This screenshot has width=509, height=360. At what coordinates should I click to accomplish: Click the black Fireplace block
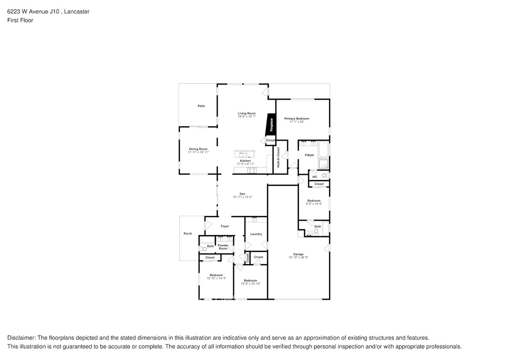click(x=270, y=124)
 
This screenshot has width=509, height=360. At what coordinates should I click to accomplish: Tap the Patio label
click(x=201, y=106)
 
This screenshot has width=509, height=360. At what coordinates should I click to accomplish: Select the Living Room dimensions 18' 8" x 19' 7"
click(x=247, y=116)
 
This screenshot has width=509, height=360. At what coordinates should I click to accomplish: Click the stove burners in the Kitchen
click(x=252, y=170)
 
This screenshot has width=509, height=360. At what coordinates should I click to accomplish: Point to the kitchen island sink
click(x=244, y=154)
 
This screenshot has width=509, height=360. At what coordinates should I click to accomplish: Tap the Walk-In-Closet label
click(x=278, y=157)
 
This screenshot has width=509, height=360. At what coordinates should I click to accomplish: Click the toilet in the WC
click(x=325, y=175)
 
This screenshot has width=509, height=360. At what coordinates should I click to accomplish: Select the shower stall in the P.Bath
click(x=324, y=164)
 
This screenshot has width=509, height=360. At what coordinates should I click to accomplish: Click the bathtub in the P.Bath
click(x=324, y=149)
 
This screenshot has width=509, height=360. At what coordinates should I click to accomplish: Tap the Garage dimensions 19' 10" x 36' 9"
click(x=298, y=257)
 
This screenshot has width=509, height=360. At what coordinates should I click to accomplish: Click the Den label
click(x=242, y=194)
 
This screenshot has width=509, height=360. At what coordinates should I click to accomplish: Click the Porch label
click(x=188, y=234)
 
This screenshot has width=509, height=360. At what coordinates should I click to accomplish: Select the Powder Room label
click(x=223, y=247)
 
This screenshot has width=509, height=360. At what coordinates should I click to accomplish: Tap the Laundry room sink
click(x=255, y=220)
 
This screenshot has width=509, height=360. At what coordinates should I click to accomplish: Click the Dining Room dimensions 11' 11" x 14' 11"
click(x=198, y=152)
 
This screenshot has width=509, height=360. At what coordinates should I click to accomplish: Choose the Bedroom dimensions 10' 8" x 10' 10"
click(x=250, y=284)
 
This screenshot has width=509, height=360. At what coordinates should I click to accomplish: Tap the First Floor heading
click(x=20, y=20)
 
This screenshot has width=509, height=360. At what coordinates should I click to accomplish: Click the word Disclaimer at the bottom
click(x=22, y=337)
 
